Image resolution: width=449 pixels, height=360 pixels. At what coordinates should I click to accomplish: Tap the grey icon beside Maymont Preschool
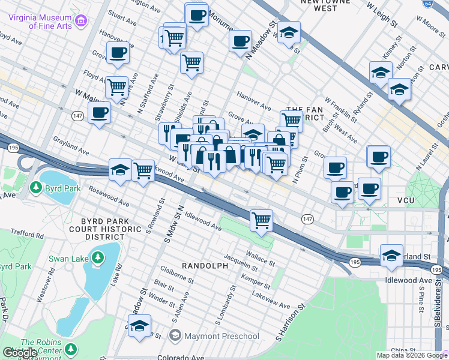[x=175, y=335]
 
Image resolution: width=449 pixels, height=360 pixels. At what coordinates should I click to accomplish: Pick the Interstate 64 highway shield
[x=444, y=4]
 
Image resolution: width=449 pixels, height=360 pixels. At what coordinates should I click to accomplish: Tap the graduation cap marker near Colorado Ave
[x=140, y=325]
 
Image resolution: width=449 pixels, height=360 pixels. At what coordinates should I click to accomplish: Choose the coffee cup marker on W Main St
[x=99, y=112]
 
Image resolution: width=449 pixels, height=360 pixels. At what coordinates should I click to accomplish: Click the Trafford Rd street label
[x=24, y=236]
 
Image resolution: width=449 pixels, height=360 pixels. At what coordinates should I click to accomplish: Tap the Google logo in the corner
[x=20, y=353]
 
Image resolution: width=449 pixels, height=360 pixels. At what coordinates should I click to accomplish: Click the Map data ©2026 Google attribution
[x=412, y=355]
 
